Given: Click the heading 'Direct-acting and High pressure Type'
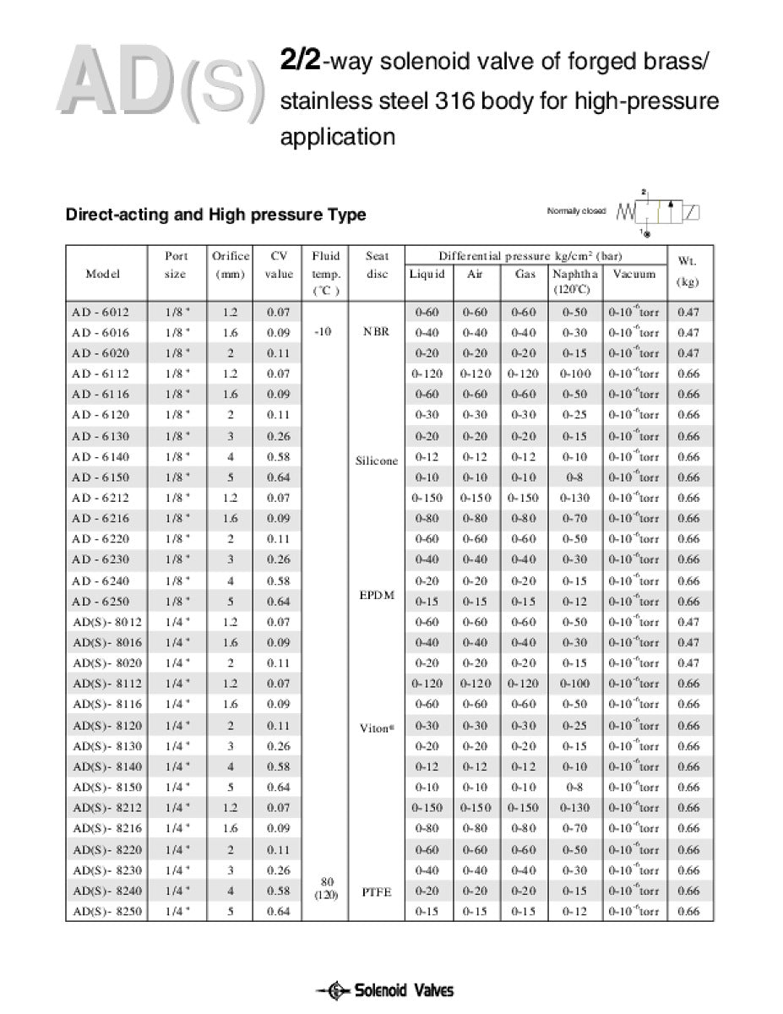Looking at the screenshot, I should click(x=215, y=215).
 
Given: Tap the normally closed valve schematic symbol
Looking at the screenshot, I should click(x=662, y=210).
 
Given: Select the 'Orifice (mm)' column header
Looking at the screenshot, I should click(x=230, y=264).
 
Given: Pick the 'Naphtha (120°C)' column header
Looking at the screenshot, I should click(x=576, y=281).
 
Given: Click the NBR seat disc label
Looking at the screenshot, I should click(x=377, y=332).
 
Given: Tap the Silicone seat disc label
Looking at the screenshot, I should click(x=377, y=461).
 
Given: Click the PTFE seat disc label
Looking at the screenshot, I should click(x=377, y=891).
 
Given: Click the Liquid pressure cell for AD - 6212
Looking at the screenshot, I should click(x=427, y=498).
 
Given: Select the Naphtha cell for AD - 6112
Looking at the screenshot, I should click(x=576, y=373).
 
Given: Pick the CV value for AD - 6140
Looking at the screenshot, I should click(x=279, y=456).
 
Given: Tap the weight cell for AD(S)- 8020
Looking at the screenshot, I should click(x=688, y=663).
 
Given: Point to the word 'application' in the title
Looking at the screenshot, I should click(x=338, y=137).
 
